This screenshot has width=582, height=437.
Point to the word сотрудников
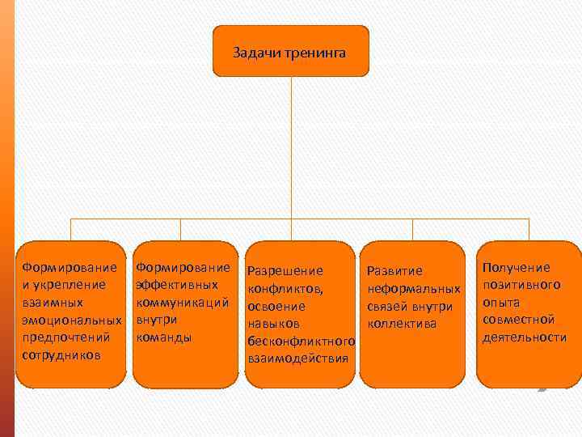point(62,354)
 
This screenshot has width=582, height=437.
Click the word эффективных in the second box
point(176,284)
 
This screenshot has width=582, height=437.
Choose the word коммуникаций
point(182,302)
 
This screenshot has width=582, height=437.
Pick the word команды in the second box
point(164,337)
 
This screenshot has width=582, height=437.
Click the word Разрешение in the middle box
point(285,271)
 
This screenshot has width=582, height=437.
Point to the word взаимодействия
point(297,359)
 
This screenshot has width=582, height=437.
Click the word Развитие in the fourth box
point(394,271)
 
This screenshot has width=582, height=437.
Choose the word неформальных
point(414,289)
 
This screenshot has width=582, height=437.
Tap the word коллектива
point(402,324)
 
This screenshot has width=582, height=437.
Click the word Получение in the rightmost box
point(516,267)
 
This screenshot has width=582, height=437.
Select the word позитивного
point(521,284)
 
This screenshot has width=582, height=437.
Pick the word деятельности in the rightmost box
point(524,337)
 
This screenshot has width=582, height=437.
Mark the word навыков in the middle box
point(274,324)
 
